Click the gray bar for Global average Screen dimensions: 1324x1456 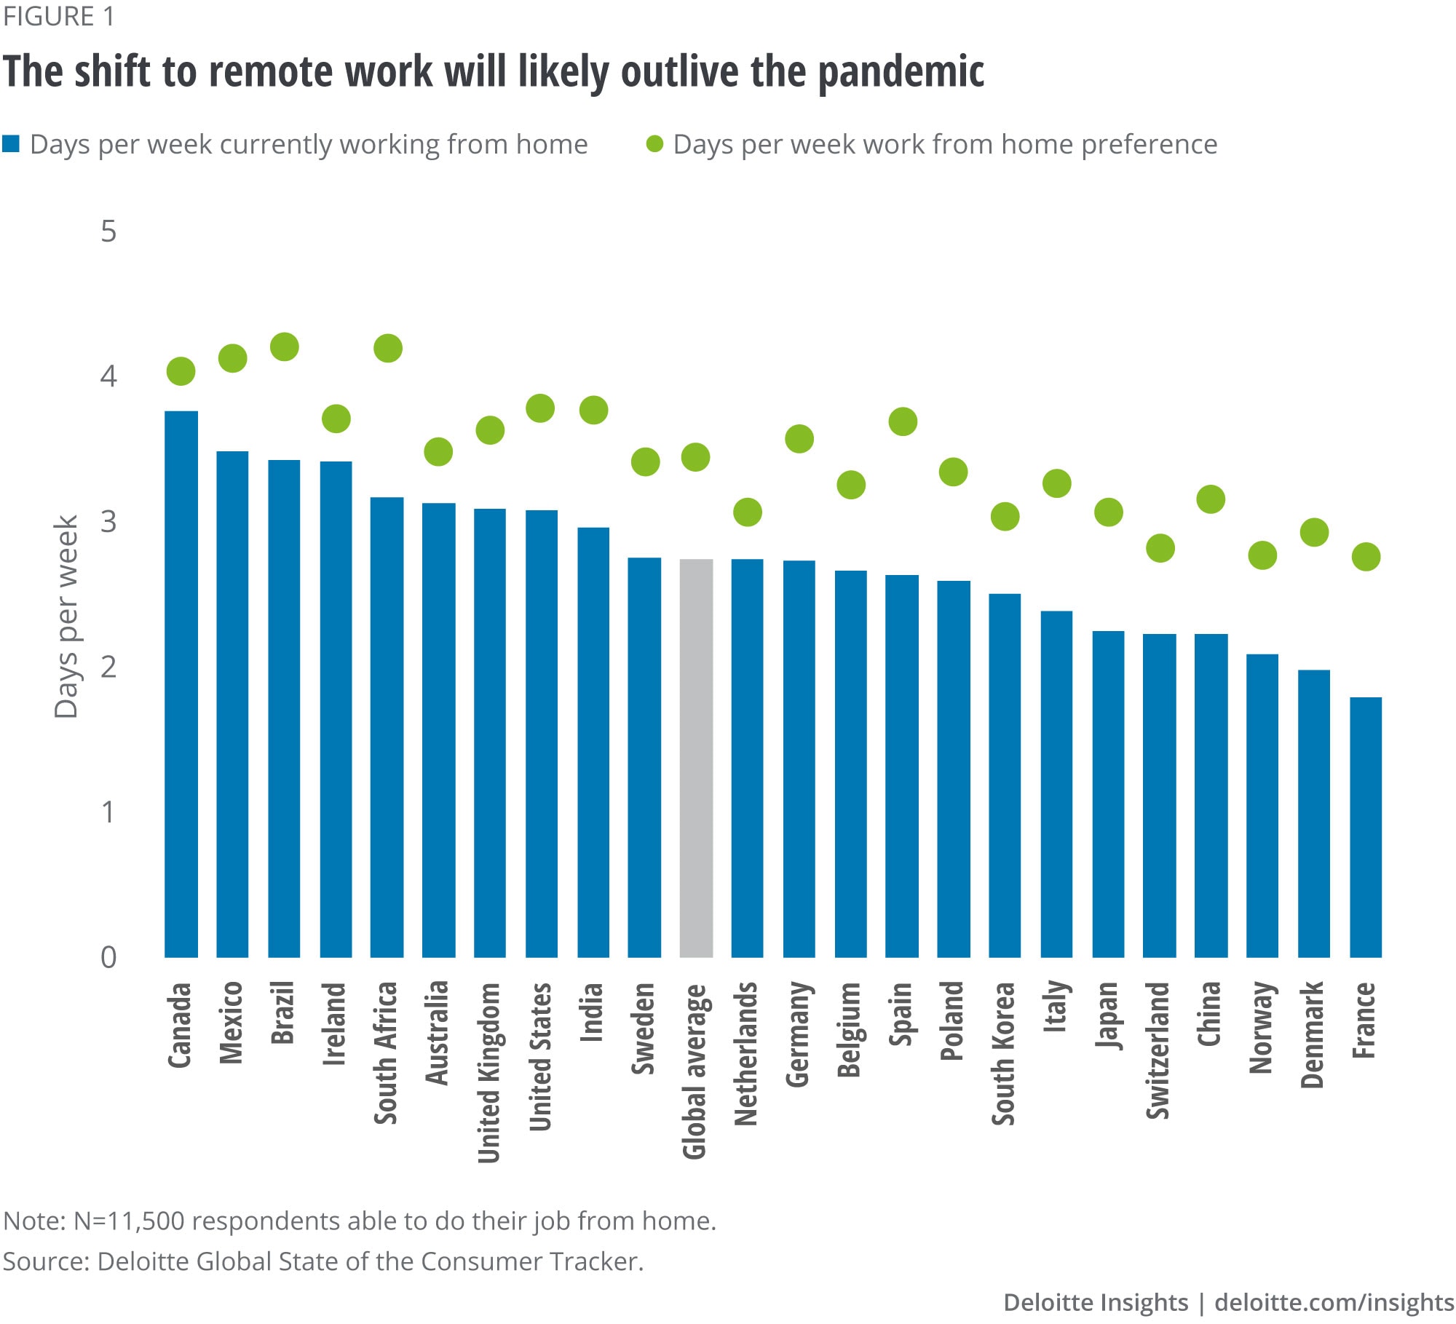coord(696,757)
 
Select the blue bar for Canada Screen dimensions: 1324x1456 coord(181,684)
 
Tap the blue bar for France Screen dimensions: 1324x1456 coord(1366,827)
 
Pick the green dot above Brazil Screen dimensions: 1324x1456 coord(285,346)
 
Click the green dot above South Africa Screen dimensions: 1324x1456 coord(388,348)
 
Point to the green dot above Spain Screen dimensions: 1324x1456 coord(903,421)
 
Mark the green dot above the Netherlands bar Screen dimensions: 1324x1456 coord(748,512)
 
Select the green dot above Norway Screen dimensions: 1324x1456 coord(1262,555)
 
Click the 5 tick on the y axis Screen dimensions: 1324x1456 coord(108,231)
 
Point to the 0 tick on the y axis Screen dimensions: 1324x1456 coord(108,958)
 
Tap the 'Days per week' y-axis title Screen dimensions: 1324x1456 coord(66,617)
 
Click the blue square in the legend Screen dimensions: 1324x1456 coord(11,144)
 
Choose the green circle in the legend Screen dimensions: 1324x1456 coord(655,144)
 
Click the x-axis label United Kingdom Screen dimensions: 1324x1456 coord(489,1072)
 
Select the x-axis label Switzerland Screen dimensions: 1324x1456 coord(1158,1050)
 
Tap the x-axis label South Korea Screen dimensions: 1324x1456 coord(1004,1053)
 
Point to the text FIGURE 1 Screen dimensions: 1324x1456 coord(58,16)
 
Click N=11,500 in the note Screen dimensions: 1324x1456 coord(129,1221)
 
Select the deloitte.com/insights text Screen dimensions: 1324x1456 coord(1334,1302)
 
